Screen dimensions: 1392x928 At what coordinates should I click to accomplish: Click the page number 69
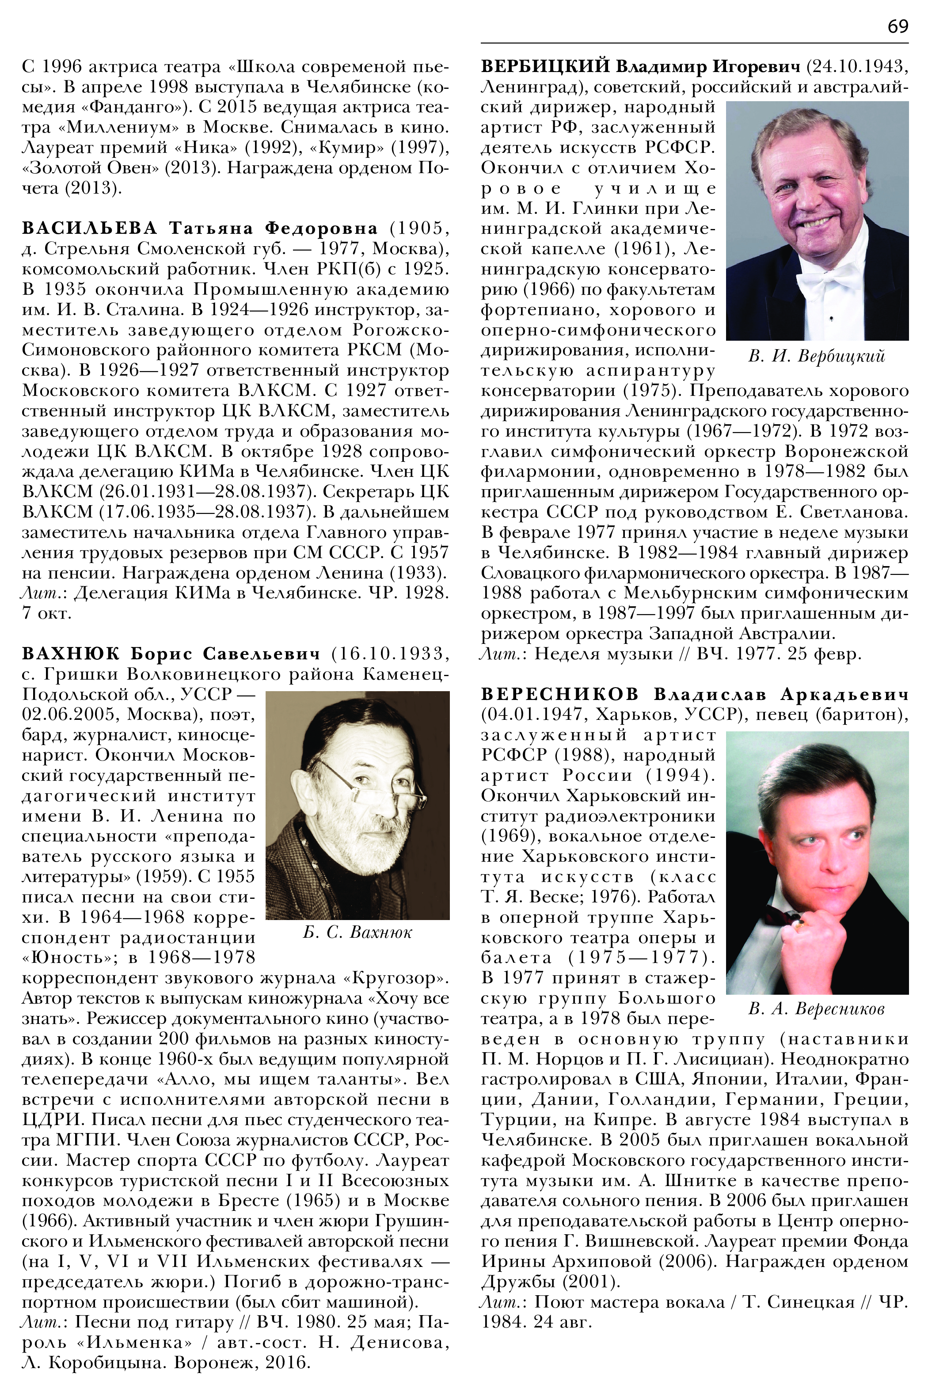point(897,27)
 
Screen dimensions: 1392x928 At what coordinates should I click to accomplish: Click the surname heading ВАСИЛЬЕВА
point(90,228)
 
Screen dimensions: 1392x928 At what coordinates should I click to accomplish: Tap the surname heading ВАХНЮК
point(71,654)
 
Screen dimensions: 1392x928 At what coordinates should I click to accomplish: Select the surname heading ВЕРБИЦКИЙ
point(545,66)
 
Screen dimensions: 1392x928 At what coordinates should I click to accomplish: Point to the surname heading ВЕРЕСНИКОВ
point(560,694)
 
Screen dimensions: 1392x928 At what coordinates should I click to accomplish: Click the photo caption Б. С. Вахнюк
point(358,933)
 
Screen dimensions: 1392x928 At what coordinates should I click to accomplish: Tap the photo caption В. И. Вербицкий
point(817,356)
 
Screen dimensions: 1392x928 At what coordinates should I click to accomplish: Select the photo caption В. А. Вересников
point(816,1009)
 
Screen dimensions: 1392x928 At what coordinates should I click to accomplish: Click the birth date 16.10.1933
point(389,654)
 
